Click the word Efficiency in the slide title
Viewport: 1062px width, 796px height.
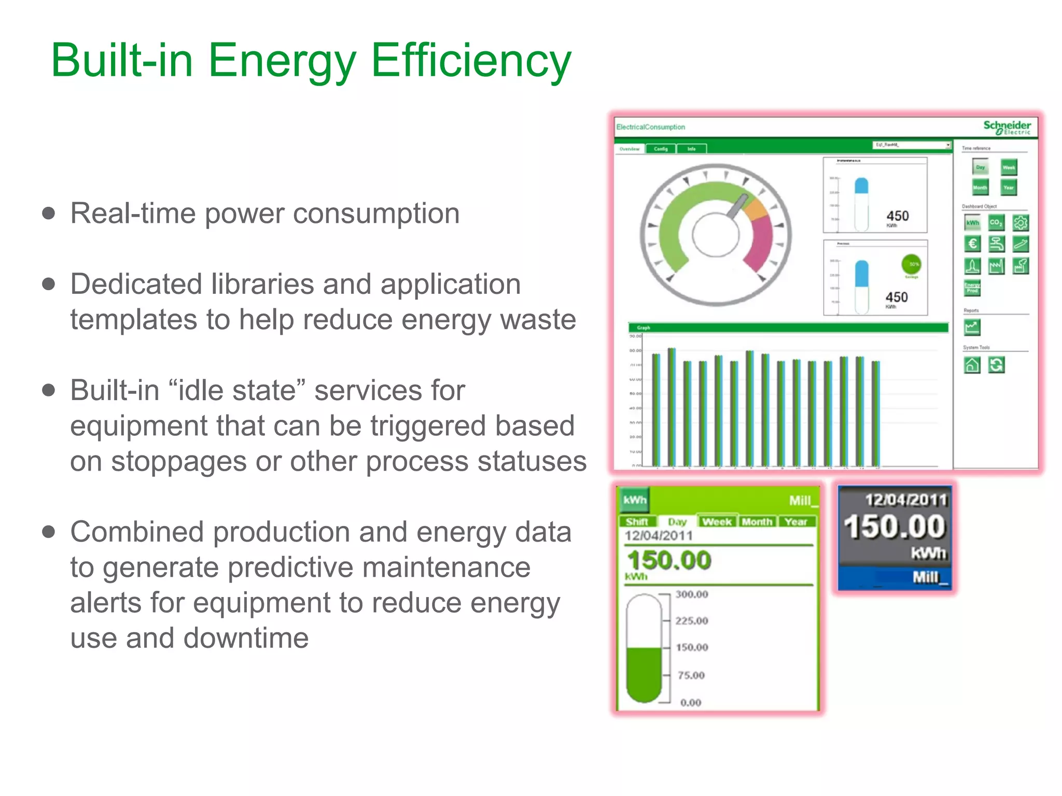pos(471,61)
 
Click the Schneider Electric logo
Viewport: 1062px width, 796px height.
pos(1007,127)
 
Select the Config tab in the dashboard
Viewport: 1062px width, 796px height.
pos(661,149)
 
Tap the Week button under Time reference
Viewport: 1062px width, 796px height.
pos(1009,167)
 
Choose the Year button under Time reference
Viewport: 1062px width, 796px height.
pos(1009,187)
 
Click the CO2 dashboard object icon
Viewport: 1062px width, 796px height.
pos(996,223)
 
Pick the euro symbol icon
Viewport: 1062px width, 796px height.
pos(972,244)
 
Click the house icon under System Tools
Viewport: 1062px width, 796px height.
pos(972,365)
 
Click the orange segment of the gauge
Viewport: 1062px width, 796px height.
pos(756,210)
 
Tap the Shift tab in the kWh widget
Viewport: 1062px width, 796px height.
pos(637,522)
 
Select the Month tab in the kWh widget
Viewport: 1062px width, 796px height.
pos(757,522)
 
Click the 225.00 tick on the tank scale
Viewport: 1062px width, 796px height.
pos(691,620)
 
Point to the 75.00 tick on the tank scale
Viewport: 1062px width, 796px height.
pos(691,675)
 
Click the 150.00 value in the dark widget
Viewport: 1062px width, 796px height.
pos(895,527)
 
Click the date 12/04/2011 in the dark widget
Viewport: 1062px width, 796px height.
pos(905,500)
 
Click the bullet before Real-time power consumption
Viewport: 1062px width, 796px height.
pos(49,214)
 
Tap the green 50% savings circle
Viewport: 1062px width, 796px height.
pos(912,264)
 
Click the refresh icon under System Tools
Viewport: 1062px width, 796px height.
pos(996,365)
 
